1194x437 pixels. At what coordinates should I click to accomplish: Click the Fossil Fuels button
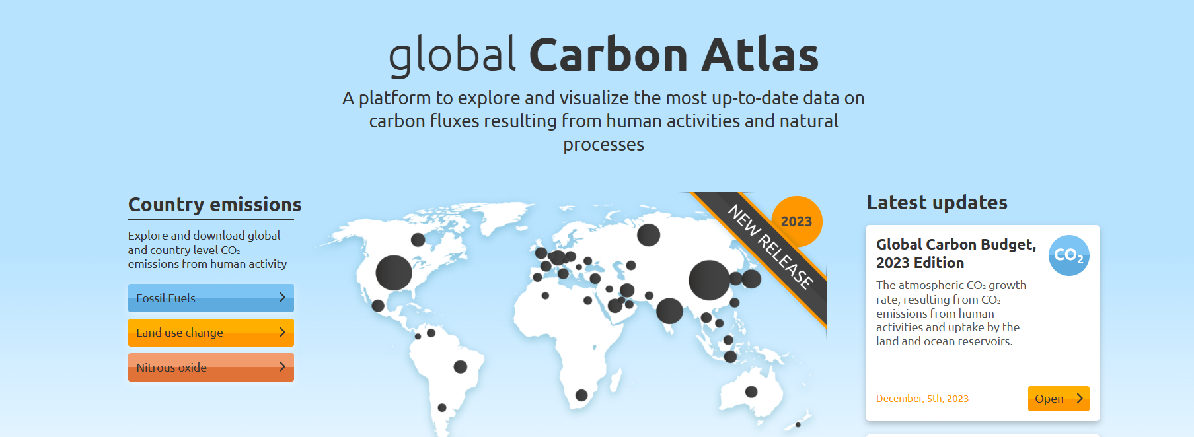click(211, 298)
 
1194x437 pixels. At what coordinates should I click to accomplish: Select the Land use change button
click(211, 333)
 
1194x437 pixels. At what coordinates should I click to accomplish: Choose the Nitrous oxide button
click(211, 367)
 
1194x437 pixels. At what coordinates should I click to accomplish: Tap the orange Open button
click(1058, 399)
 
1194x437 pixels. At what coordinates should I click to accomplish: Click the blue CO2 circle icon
click(1068, 255)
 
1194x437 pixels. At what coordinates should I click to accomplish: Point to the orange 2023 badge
click(797, 221)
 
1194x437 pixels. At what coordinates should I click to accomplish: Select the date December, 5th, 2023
click(922, 399)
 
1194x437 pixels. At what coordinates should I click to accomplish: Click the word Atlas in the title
click(760, 55)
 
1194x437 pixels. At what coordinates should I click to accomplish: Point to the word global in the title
click(452, 55)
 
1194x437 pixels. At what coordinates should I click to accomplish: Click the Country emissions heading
click(215, 205)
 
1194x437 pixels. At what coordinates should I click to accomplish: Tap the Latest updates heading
click(936, 203)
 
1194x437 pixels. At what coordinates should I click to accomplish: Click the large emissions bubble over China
click(709, 280)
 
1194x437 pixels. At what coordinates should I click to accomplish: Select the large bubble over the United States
click(394, 273)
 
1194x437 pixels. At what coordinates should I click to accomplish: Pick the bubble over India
click(669, 310)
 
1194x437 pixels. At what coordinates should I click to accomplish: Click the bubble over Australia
click(751, 391)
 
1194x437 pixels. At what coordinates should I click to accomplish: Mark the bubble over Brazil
click(461, 366)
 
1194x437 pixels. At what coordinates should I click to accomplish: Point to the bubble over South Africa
click(581, 395)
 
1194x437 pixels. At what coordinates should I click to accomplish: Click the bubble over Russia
click(648, 234)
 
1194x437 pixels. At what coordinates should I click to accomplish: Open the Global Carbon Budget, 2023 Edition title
click(955, 253)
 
